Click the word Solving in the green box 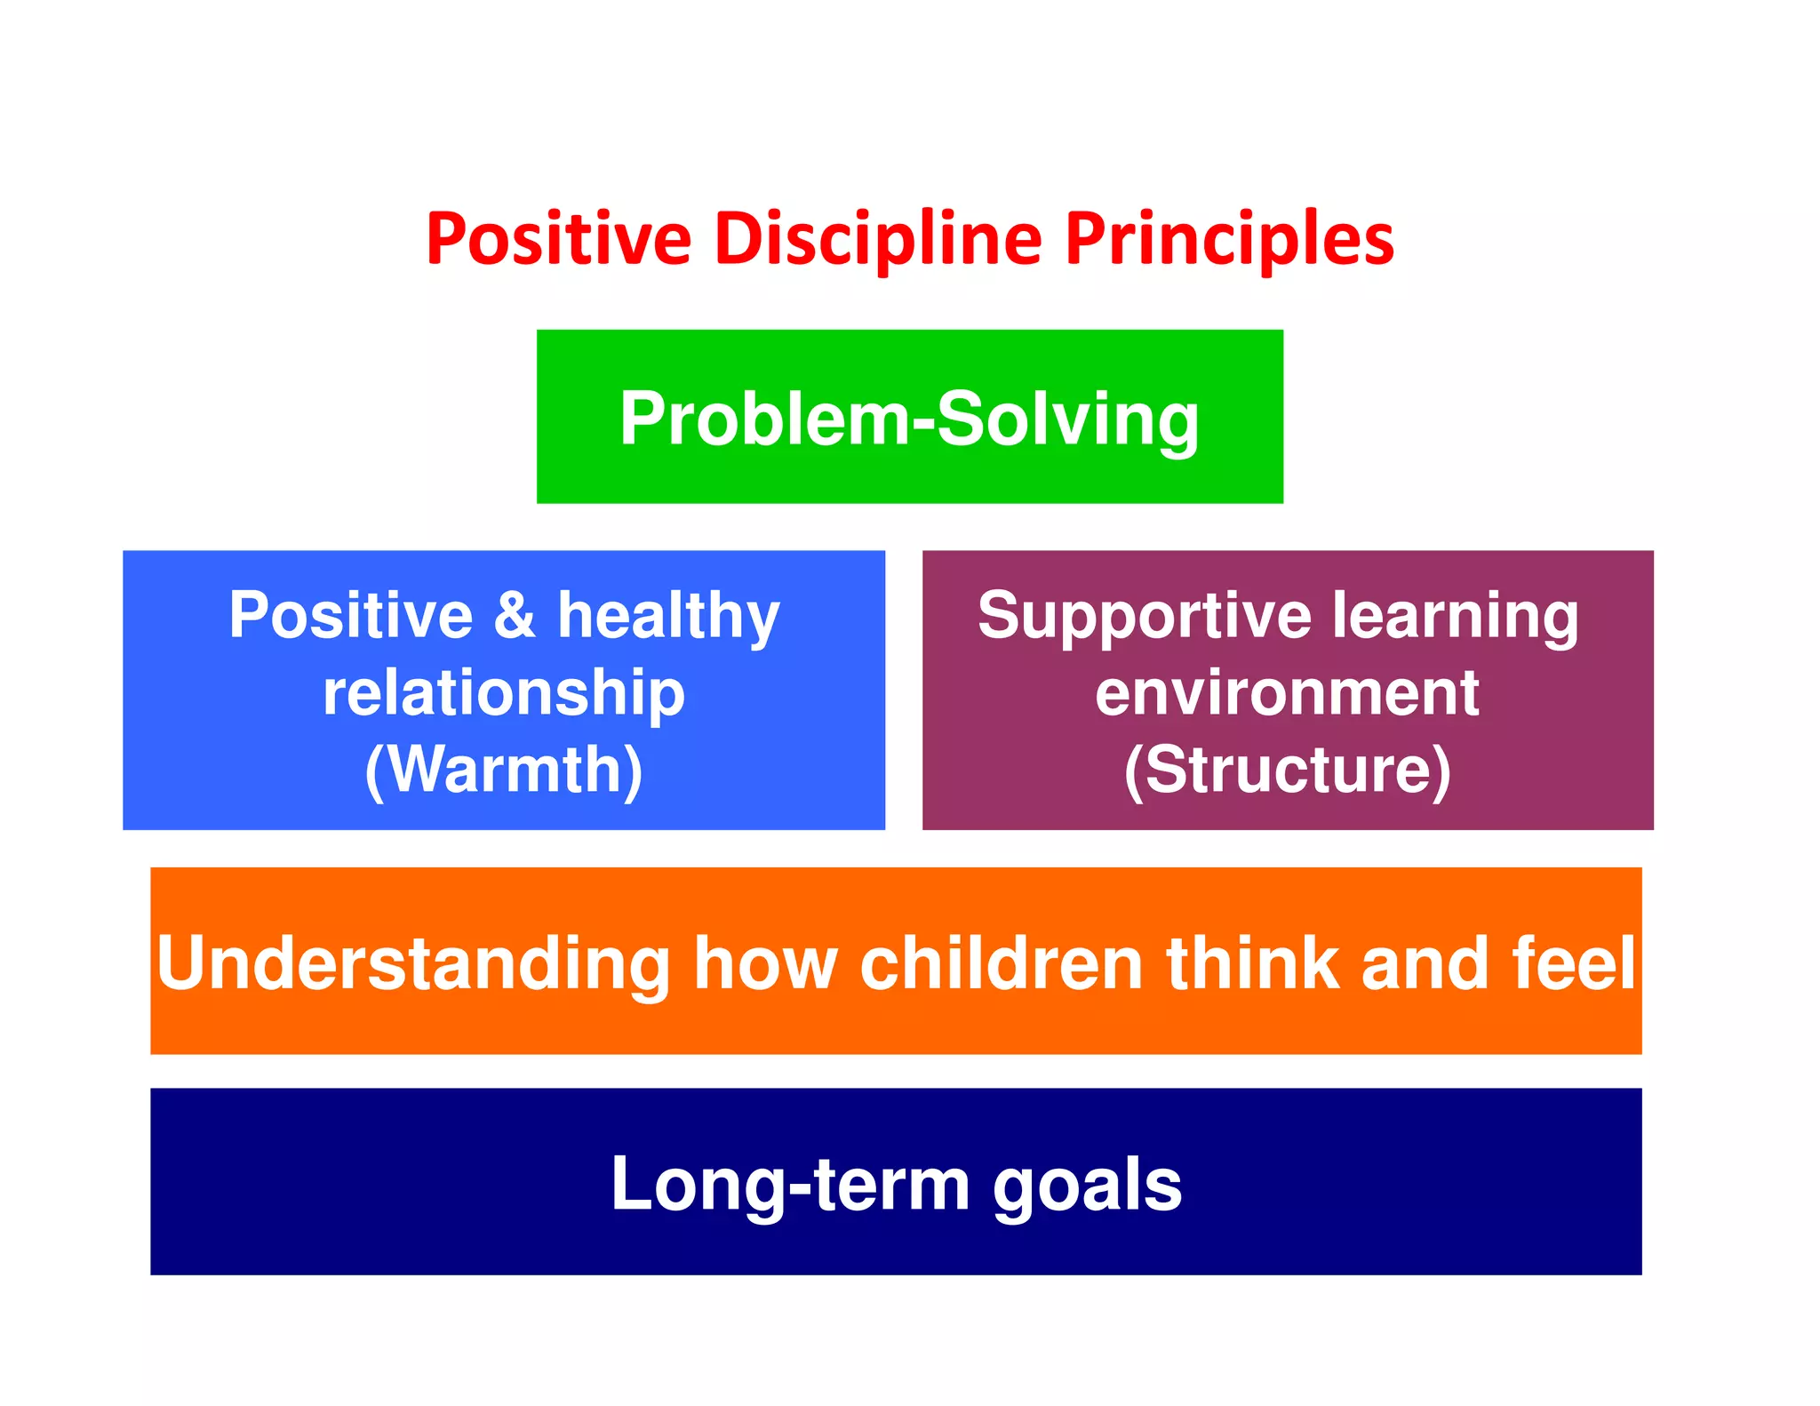[1068, 419]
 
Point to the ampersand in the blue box [515, 614]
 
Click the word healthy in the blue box [668, 616]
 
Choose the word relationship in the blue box [504, 693]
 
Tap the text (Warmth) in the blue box [504, 770]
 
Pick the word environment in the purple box [1287, 693]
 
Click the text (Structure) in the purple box [1287, 770]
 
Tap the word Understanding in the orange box [413, 964]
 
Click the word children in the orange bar [1001, 964]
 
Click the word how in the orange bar [765, 964]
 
